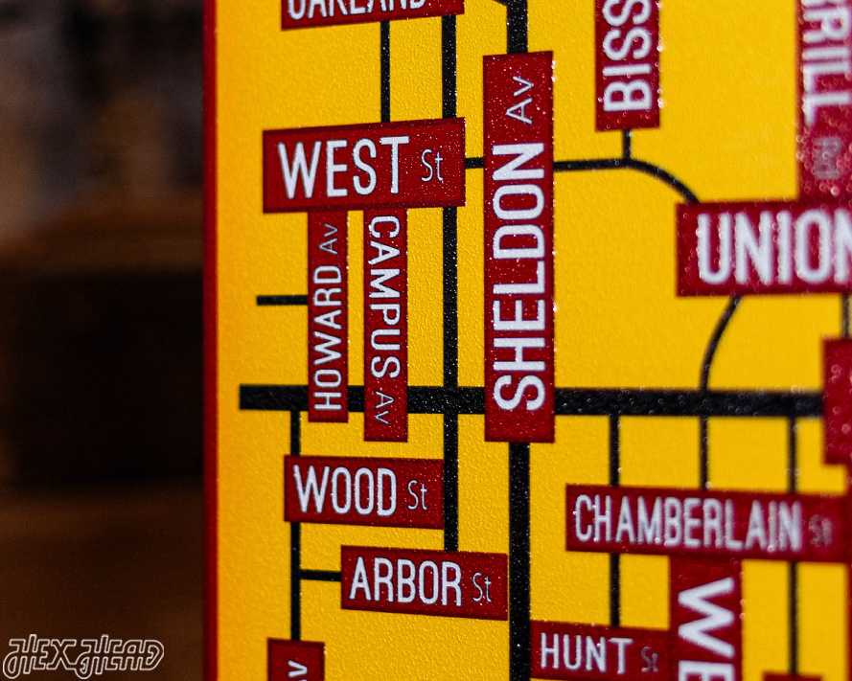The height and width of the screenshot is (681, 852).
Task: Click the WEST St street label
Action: pos(363,165)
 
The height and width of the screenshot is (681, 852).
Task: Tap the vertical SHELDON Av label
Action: pos(518,247)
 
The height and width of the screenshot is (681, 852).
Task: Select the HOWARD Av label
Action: pos(328,316)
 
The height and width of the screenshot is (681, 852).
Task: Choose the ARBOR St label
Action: pos(424,582)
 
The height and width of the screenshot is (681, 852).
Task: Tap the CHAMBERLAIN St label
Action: pos(703,523)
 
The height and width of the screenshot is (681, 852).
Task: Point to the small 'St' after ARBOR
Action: pos(481,585)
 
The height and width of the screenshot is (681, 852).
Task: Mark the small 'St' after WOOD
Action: pos(417,495)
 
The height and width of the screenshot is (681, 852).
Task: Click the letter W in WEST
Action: pos(298,169)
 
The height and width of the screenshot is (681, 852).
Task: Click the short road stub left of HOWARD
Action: pos(282,300)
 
